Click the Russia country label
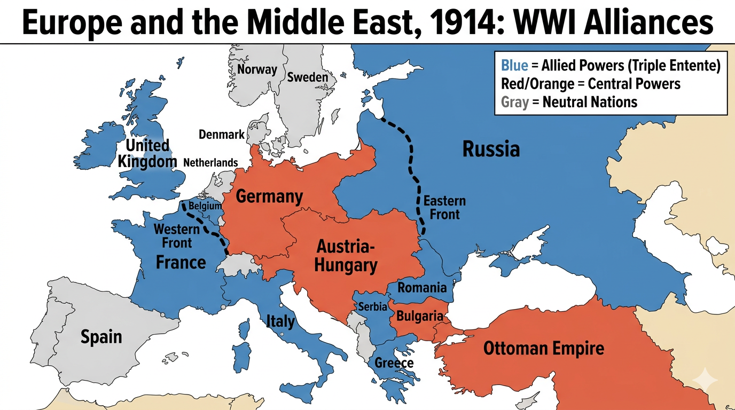[491, 149]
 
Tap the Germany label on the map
[269, 196]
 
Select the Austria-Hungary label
[346, 256]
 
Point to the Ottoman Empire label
[543, 349]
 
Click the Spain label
[101, 337]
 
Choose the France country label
[181, 262]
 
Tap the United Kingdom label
[147, 153]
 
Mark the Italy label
[280, 321]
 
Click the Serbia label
[372, 307]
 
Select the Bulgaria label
[419, 316]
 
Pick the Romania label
[422, 288]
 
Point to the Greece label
[394, 363]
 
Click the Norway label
[257, 69]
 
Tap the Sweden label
[308, 77]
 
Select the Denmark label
[221, 135]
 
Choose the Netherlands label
[210, 162]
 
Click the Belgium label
[205, 206]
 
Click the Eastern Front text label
[444, 208]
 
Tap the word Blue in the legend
[514, 66]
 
